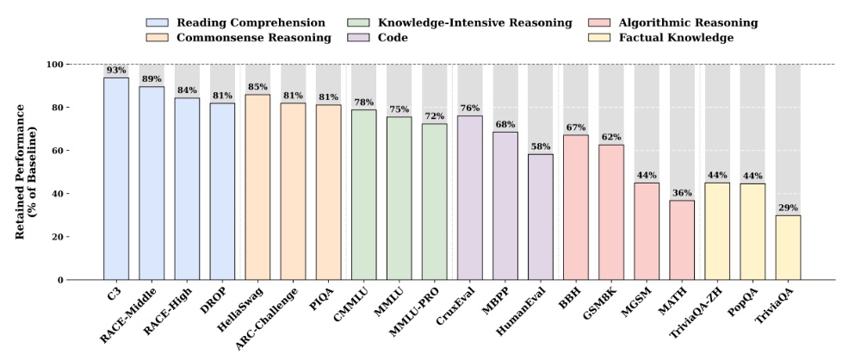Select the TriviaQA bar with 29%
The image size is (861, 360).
(788, 248)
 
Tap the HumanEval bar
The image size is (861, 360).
(541, 217)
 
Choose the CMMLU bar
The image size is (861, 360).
(363, 195)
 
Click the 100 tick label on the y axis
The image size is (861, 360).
(54, 65)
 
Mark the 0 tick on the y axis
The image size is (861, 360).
(60, 280)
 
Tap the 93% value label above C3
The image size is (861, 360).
(116, 70)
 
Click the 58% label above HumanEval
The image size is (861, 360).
(541, 146)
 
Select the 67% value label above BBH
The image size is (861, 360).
(576, 127)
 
